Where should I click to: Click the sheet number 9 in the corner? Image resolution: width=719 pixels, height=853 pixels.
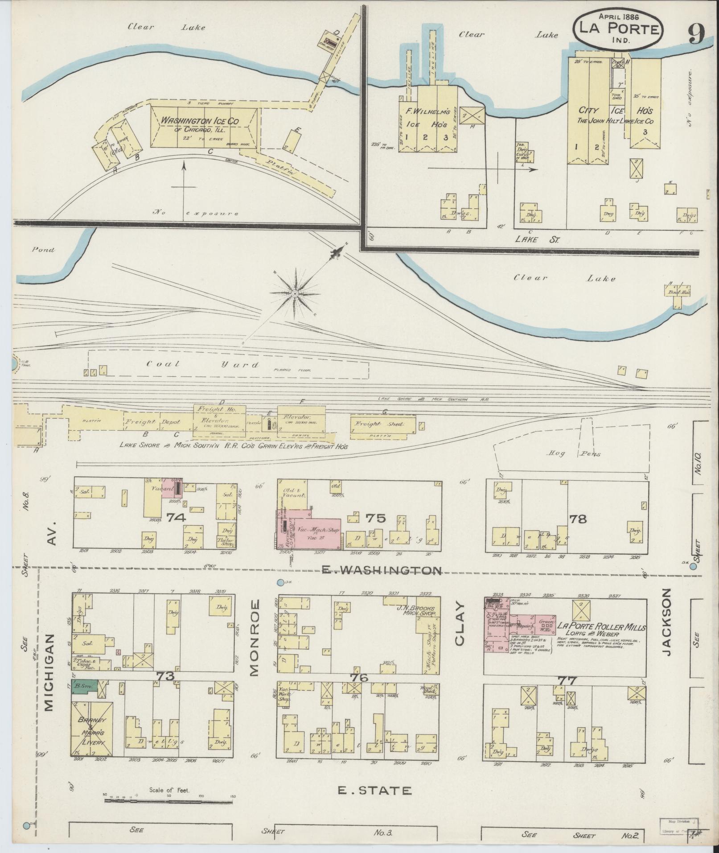[x=695, y=33]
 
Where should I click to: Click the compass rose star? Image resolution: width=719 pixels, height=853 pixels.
[x=294, y=293]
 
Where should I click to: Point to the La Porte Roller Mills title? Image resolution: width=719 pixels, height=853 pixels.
[x=600, y=626]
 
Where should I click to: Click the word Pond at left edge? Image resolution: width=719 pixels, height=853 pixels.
[x=43, y=250]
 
